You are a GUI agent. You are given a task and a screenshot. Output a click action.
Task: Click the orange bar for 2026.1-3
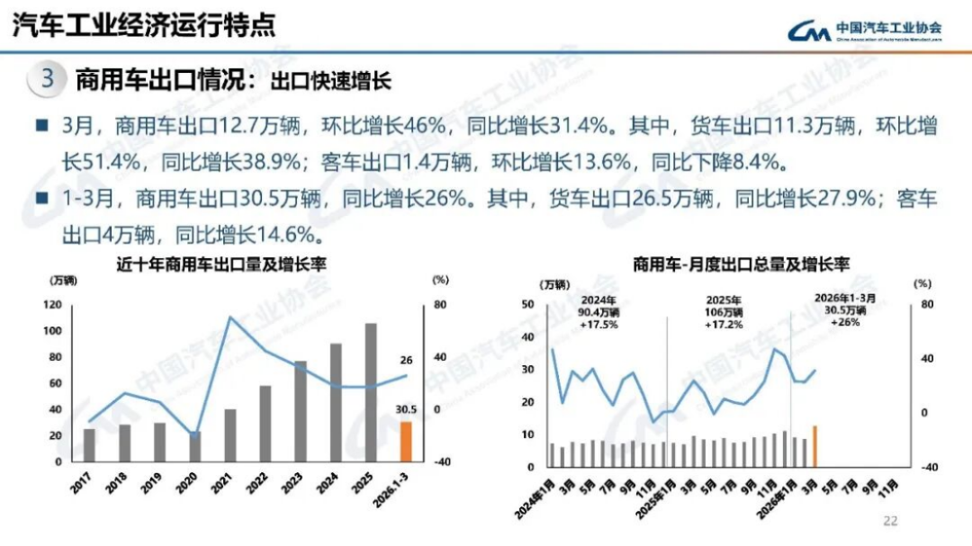click(x=406, y=442)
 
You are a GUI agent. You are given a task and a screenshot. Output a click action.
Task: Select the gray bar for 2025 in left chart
click(x=371, y=392)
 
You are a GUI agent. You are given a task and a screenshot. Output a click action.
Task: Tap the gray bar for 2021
click(x=229, y=435)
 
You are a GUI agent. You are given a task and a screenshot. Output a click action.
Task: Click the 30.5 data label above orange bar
click(x=406, y=410)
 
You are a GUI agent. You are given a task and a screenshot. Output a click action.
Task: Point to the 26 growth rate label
click(x=406, y=361)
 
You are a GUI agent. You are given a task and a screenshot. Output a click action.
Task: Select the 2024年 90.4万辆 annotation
click(x=598, y=311)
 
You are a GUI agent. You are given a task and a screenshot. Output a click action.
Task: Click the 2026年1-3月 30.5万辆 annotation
click(x=844, y=309)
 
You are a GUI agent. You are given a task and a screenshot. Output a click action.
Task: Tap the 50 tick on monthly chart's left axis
click(x=528, y=305)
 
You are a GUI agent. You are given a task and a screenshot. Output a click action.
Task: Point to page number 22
click(x=891, y=520)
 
